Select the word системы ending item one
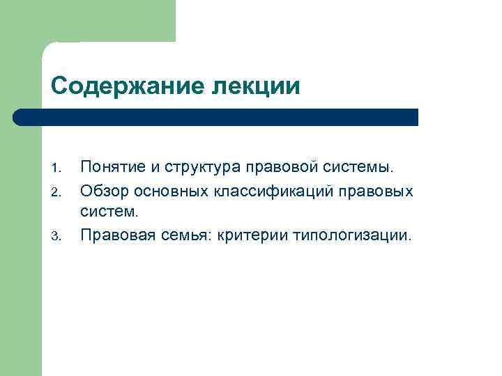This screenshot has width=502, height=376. click(x=359, y=168)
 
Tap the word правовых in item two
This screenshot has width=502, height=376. click(x=380, y=190)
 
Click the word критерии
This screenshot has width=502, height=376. click(x=250, y=235)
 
